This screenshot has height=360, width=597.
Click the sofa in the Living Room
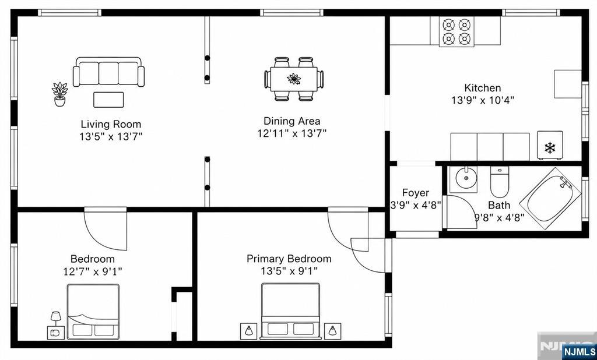[x=109, y=72]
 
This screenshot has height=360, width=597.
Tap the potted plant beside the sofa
[x=60, y=94]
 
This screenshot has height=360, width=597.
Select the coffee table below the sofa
[x=108, y=100]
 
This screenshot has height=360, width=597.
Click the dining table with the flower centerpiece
[x=294, y=79]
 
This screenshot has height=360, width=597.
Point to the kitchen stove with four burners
[x=456, y=32]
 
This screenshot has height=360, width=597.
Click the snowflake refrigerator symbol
[x=550, y=147]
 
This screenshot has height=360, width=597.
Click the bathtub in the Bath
[x=550, y=198]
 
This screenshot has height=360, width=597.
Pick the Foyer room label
[x=415, y=193]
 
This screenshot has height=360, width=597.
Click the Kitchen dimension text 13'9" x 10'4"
[x=483, y=100]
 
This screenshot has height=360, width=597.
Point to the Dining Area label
[x=292, y=121]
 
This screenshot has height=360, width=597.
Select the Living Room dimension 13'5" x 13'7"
[x=111, y=136]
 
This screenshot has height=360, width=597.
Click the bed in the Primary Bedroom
[x=290, y=311]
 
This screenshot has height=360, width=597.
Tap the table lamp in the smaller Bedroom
[x=56, y=318]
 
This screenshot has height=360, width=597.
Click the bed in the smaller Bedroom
[x=93, y=311]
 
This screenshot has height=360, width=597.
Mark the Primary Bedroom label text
[x=289, y=259]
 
